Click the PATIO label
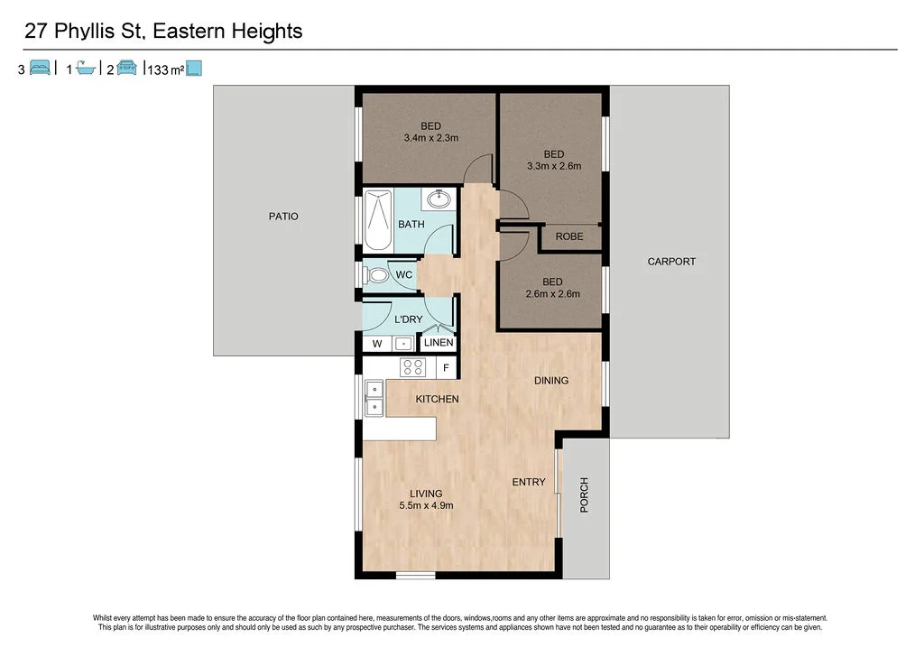click(x=282, y=217)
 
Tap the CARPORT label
click(x=671, y=262)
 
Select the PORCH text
click(x=584, y=495)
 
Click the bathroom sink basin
click(x=442, y=199)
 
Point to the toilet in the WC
click(x=375, y=274)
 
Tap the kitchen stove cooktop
click(x=413, y=367)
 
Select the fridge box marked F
click(x=445, y=368)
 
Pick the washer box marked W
click(x=377, y=344)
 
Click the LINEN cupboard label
click(x=439, y=344)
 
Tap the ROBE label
click(x=569, y=237)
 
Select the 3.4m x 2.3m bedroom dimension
click(x=430, y=138)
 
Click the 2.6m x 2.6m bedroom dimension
click(x=553, y=293)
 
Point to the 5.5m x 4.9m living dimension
click(x=426, y=506)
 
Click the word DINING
click(x=550, y=381)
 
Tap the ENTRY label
click(x=529, y=482)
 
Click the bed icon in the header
click(x=40, y=69)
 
